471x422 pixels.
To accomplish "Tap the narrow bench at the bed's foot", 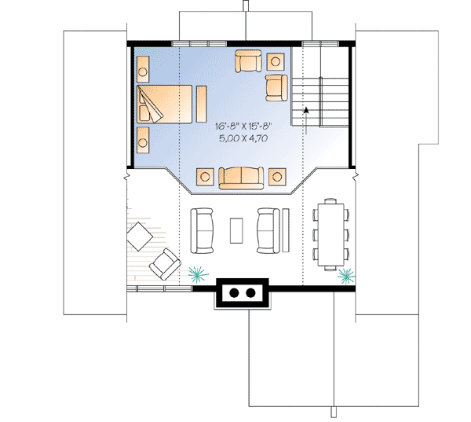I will tap(201, 103).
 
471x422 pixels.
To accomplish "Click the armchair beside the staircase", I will tap(276, 87).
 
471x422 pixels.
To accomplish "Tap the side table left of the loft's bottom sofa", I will tap(206, 176).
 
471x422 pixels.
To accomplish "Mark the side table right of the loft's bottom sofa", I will tap(277, 176).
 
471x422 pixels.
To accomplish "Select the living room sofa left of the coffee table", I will tap(203, 229).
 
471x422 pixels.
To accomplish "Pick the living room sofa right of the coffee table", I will tap(268, 229).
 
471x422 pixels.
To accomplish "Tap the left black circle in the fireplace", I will tap(233, 293).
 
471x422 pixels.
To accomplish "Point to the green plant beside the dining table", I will tap(345, 274).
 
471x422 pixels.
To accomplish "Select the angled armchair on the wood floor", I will tap(166, 262).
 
